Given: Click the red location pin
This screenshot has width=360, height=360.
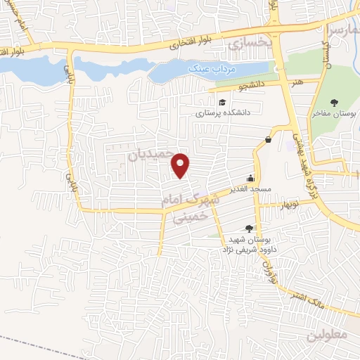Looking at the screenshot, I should pyautogui.click(x=181, y=165).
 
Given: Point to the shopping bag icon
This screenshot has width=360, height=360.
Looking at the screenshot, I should pyautogui.click(x=268, y=139).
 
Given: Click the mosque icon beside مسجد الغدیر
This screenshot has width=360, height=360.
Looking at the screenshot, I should pyautogui.click(x=250, y=177).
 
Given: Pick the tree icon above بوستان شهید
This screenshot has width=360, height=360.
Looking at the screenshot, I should pyautogui.click(x=248, y=228).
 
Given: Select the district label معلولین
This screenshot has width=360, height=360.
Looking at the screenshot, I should pyautogui.click(x=328, y=335).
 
